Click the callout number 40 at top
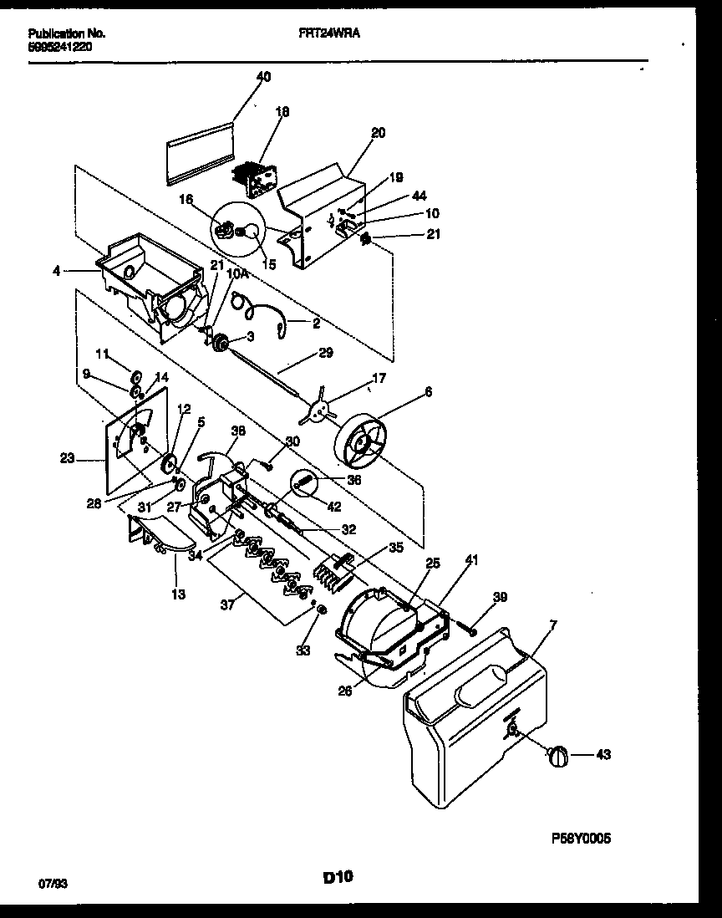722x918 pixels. point(263,76)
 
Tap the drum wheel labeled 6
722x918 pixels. point(366,441)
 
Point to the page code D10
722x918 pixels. point(338,877)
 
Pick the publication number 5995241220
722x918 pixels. point(60,47)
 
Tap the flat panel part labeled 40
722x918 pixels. point(198,151)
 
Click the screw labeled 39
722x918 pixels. point(470,630)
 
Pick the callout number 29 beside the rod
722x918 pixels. point(326,353)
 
